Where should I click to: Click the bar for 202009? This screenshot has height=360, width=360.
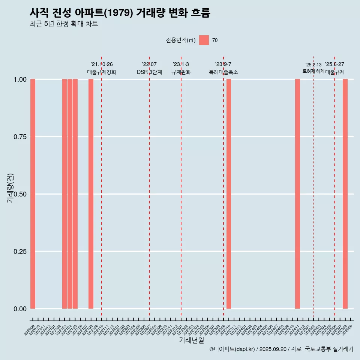pos(33,194)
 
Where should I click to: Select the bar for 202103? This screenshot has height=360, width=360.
pos(64,194)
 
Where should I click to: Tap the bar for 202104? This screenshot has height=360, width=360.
pos(70,194)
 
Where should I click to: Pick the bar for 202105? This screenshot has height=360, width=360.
pos(75,194)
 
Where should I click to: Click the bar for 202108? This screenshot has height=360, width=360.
pos(91,194)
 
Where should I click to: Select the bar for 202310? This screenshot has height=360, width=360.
pos(229,194)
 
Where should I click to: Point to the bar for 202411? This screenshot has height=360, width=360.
pos(297,194)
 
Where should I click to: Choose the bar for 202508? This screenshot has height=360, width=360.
pos(345,194)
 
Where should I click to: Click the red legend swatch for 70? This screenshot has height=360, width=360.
pos(204,40)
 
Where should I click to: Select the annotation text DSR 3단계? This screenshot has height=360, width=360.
pos(149,72)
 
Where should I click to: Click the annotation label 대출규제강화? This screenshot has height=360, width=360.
pos(102,72)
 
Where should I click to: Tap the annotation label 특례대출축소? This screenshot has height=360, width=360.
pos(223,72)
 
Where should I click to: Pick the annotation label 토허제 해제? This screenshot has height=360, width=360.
pos(313,71)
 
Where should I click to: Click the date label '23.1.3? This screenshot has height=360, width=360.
pos(181,64)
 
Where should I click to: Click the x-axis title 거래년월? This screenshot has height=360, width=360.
pos(191,340)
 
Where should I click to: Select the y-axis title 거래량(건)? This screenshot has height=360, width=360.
pos(10,188)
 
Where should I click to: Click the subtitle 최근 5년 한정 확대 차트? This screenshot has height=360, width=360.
pos(64,24)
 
